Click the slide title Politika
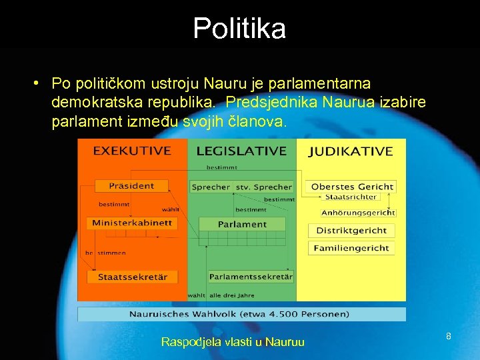pos(239,29)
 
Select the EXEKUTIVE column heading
pos(132,151)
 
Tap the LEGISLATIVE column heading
pos(241,151)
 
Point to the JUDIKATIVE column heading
pos(351,151)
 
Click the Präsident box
pos(132,186)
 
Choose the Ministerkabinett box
pos(132,223)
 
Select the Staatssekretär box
pos(132,276)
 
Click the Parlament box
pos(242,224)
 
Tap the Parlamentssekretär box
pos(250,276)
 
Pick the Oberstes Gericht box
pos(353,187)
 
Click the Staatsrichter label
pos(351,197)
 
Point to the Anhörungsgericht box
pos(358,213)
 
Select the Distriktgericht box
pos(351,230)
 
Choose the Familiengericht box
pos(351,247)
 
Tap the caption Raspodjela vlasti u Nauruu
pos(233,342)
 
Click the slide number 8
pos(449,337)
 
